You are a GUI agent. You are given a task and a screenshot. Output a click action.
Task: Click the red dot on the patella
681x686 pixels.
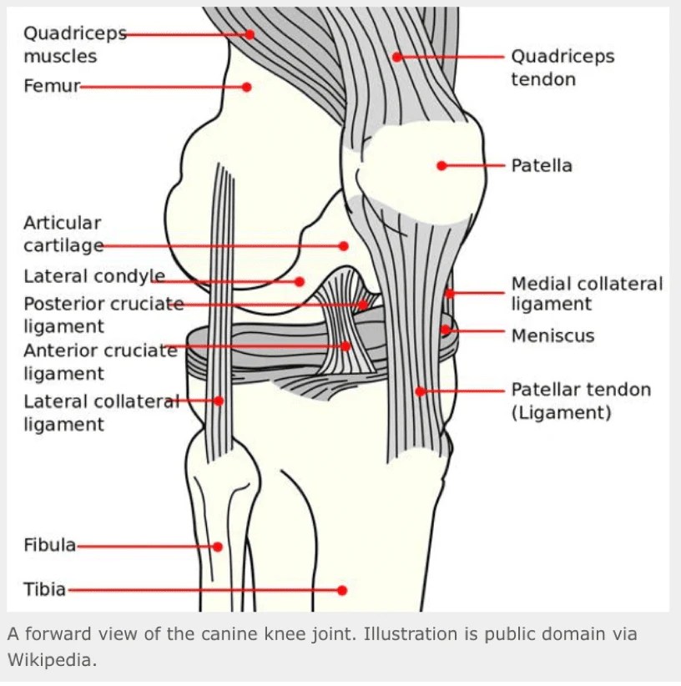click(441, 165)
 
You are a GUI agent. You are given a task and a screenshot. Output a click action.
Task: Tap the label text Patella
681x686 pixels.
click(542, 165)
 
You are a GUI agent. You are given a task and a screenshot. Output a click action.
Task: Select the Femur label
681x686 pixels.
click(51, 86)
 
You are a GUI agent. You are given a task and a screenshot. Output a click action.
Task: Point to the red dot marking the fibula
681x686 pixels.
click(218, 547)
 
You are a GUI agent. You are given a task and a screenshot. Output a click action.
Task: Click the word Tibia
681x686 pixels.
click(45, 589)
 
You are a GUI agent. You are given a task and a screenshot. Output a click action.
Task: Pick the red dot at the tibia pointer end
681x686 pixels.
click(341, 590)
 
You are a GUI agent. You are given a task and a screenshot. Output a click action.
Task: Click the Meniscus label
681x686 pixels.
click(552, 335)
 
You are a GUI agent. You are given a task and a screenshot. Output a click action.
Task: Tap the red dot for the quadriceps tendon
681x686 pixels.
click(397, 57)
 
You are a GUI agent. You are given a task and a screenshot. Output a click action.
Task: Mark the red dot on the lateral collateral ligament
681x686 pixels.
click(219, 401)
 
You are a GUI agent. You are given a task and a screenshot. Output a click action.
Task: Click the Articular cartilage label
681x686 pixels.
click(63, 235)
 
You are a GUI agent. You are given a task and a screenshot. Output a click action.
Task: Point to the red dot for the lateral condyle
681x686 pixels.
click(300, 281)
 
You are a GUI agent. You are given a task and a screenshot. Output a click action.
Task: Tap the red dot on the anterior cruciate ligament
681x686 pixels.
click(346, 346)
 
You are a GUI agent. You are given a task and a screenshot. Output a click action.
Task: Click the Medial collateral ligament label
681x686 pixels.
click(587, 294)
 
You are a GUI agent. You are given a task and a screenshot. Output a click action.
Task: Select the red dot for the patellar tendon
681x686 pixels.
click(421, 391)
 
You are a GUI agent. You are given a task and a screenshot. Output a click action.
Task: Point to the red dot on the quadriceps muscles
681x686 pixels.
click(250, 34)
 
